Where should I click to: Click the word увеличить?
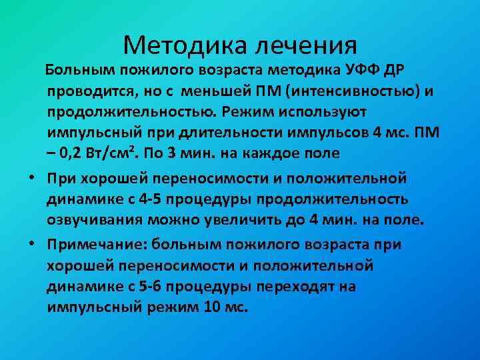(257, 219)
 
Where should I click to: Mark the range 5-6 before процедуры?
(151, 287)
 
